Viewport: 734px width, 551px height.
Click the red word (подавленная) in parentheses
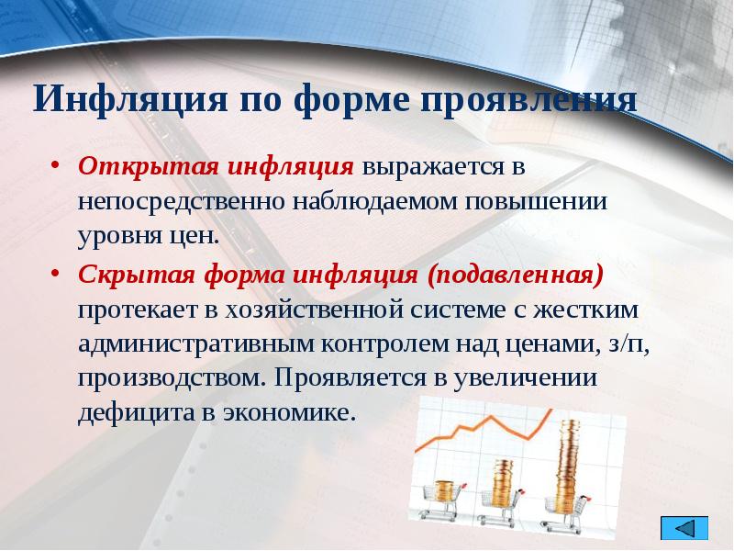(x=517, y=275)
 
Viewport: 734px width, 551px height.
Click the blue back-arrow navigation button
(x=684, y=530)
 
